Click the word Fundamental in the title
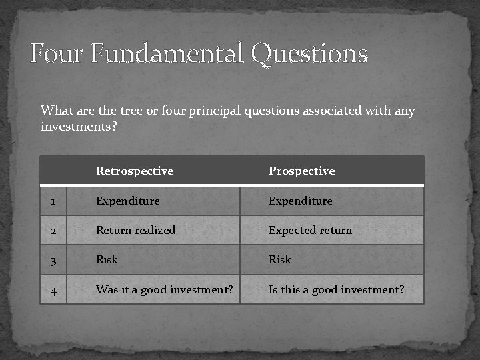[x=167, y=53]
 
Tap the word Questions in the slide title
[x=309, y=54]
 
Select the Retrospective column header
[x=135, y=171]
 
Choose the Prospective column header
[x=301, y=171]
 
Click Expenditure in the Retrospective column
[x=127, y=201]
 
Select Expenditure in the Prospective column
[x=300, y=201]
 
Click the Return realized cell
[x=135, y=231]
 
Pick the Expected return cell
[x=310, y=231]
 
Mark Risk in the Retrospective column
[x=107, y=260]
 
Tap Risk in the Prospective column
[x=279, y=260]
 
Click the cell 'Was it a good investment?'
[x=164, y=290]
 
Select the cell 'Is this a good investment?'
[x=336, y=290]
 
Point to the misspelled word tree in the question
[x=131, y=111]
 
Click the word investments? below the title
[x=79, y=126]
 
